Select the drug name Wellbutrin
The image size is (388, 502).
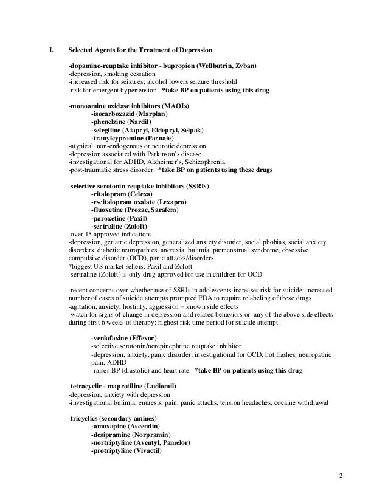[215, 66]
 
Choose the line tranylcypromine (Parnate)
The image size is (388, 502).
[131, 139]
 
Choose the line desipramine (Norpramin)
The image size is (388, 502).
[130, 435]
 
